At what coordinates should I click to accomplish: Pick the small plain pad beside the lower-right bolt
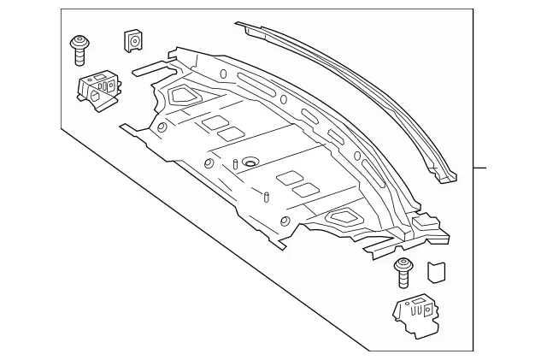[x=436, y=270]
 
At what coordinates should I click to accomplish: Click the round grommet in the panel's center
[x=250, y=162]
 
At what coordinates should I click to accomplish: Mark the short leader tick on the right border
[x=481, y=167]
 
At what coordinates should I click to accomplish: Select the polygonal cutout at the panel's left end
[x=181, y=96]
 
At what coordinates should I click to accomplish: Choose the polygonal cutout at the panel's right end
[x=348, y=218]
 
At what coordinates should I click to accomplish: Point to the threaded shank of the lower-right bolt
[x=402, y=280]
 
